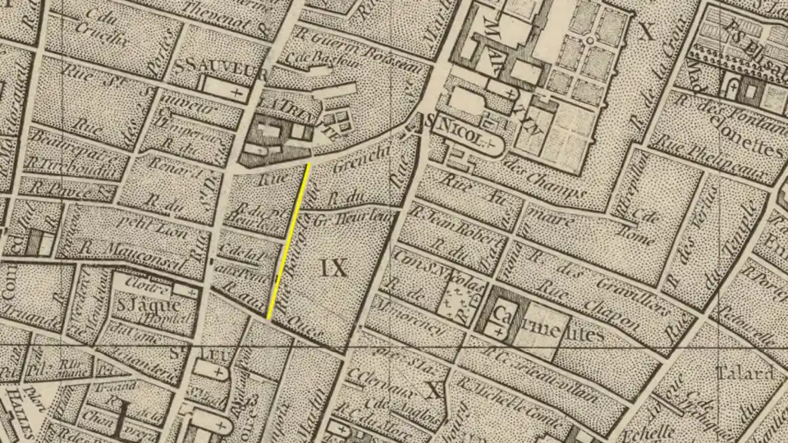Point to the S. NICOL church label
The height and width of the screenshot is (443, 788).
click(x=460, y=127)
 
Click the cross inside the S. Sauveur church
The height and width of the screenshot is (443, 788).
click(x=238, y=94)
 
